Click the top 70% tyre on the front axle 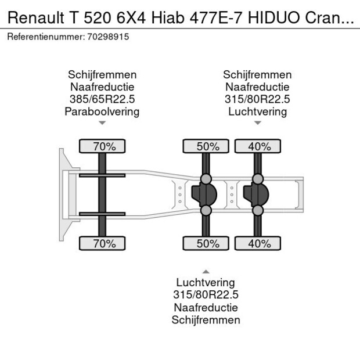pos(102,147)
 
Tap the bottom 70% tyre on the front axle pos(102,243)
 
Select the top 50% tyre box pos(206,147)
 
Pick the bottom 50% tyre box pos(206,243)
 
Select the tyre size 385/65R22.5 pos(102,99)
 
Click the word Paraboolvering pos(102,111)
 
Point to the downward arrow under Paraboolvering pos(102,123)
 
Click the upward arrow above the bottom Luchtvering pos(206,271)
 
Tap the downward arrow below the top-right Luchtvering pos(257,123)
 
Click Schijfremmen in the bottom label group pos(206,319)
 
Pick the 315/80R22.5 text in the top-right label pos(257,99)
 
